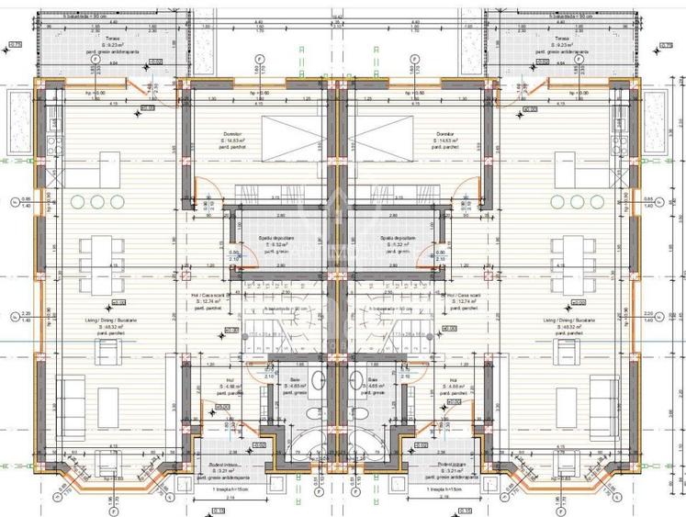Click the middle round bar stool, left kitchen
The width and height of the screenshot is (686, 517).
(x=96, y=202)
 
